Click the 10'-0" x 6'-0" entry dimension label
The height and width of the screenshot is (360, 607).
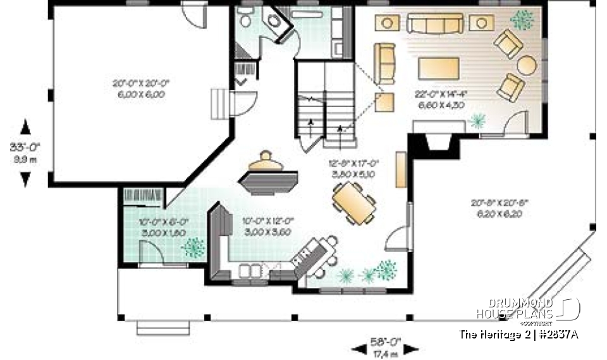pyautogui.click(x=164, y=227)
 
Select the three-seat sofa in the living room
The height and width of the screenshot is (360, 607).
pyautogui.click(x=434, y=23)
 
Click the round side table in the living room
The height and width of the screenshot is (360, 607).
pyautogui.click(x=527, y=65)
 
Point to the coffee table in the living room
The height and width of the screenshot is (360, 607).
pyautogui.click(x=438, y=68)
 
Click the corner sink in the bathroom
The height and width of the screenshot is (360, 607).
pyautogui.click(x=274, y=20)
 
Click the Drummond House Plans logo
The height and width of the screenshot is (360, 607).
pyautogui.click(x=527, y=308)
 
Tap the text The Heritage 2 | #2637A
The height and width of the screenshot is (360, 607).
pyautogui.click(x=518, y=334)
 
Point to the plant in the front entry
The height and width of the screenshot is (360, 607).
pyautogui.click(x=193, y=247)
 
